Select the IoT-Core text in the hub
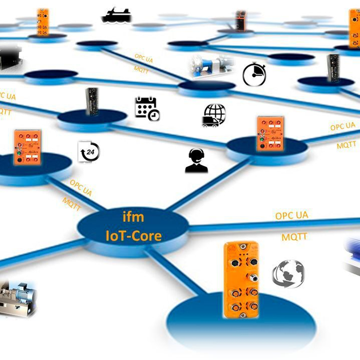134,235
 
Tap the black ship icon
117,15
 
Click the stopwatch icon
254,75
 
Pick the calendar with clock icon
147,109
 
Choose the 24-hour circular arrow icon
89,152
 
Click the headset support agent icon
197,161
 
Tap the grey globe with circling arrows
288,273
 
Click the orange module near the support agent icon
270,133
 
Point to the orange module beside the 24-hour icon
27,147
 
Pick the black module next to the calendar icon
92,102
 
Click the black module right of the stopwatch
333,68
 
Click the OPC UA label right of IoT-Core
291,215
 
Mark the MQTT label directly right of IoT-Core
294,236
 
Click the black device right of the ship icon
241,20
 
